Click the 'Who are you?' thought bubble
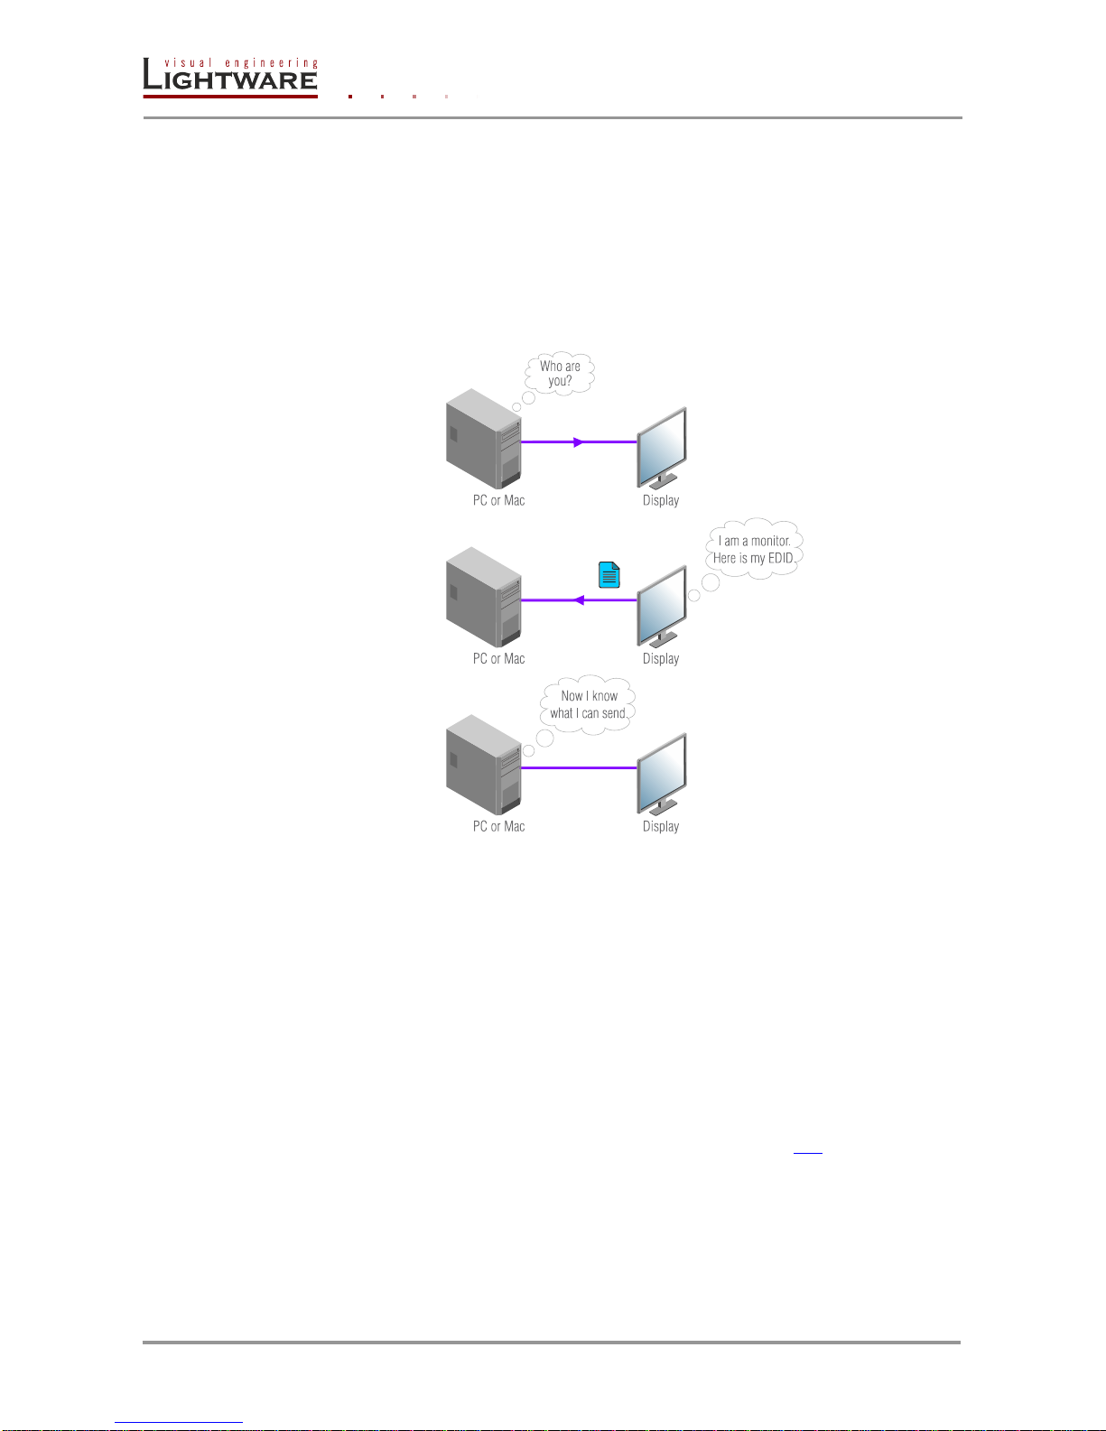(560, 373)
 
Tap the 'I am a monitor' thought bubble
(754, 549)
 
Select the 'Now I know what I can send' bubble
(589, 704)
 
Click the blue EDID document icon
(609, 575)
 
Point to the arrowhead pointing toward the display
(579, 442)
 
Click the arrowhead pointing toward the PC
(579, 600)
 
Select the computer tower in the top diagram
(483, 440)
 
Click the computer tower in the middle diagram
(483, 598)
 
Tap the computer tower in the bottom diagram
(483, 766)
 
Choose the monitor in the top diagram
(663, 449)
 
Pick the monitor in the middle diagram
(663, 607)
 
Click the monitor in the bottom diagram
(663, 775)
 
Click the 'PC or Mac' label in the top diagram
(498, 500)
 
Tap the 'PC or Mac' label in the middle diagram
(498, 659)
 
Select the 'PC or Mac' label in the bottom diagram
(498, 826)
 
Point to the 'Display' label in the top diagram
(661, 500)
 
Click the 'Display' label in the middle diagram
(661, 659)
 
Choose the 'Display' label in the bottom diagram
(661, 826)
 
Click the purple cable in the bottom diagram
(579, 767)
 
